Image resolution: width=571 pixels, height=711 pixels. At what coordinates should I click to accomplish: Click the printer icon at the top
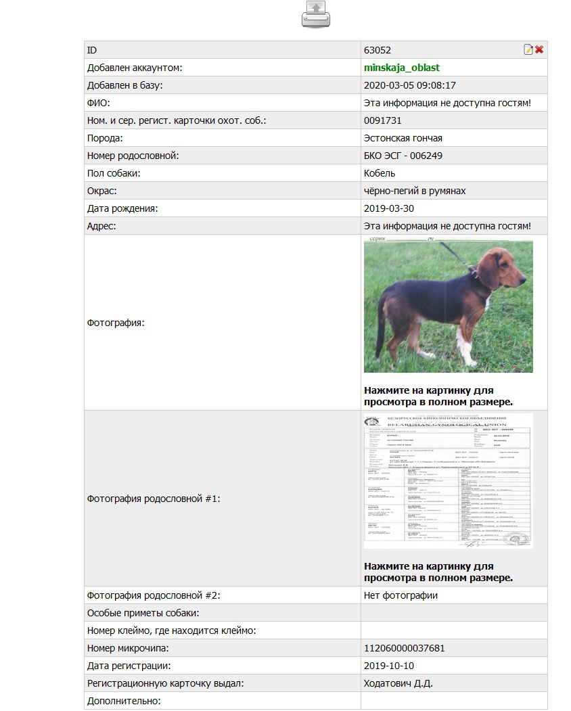[316, 15]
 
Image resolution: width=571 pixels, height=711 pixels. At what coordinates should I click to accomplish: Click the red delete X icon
[539, 49]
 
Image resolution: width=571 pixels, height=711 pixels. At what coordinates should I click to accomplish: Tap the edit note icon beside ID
[528, 49]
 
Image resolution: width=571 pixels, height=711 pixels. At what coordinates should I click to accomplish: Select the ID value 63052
[378, 50]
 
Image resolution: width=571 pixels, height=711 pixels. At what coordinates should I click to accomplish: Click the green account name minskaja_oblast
[402, 68]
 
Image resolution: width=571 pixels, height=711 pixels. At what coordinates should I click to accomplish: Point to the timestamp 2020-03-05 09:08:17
[410, 85]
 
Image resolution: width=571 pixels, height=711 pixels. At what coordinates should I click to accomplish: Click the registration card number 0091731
[383, 120]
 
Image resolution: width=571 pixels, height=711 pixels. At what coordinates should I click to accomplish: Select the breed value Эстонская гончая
[403, 138]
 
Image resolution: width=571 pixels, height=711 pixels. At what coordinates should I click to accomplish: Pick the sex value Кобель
[380, 173]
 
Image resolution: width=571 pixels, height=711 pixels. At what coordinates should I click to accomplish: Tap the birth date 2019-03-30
[390, 208]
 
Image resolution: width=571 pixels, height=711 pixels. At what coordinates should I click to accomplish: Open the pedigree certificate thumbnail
[448, 480]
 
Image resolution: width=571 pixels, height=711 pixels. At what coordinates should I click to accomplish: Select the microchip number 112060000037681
[405, 648]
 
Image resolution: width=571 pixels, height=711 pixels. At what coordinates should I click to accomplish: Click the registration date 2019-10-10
[390, 666]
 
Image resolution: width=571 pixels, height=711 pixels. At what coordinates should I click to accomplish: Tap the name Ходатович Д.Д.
[398, 683]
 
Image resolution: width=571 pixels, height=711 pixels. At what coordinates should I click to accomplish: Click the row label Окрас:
[102, 191]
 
